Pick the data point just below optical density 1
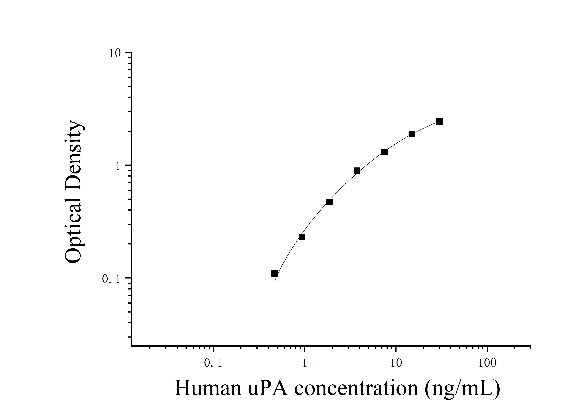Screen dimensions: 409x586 (357, 171)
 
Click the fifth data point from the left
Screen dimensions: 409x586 (384, 152)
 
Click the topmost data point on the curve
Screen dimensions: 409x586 (439, 121)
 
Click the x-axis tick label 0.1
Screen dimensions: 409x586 (213, 363)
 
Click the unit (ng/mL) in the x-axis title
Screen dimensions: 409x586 (462, 389)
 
